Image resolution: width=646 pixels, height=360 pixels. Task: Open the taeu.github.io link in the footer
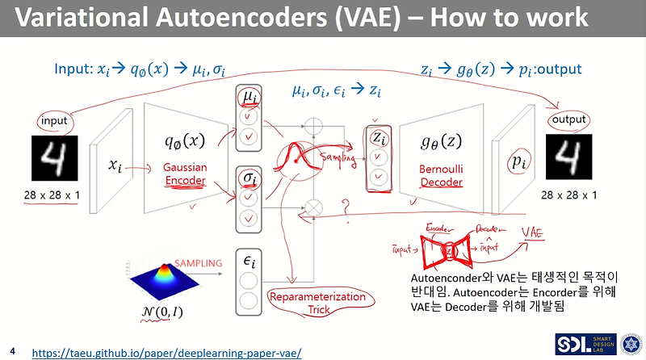pos(166,353)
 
